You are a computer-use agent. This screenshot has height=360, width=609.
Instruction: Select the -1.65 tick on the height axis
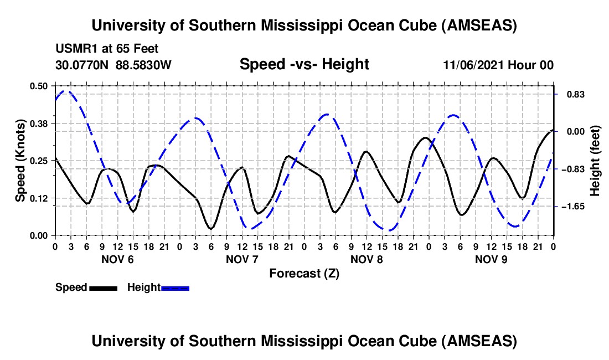click(x=575, y=206)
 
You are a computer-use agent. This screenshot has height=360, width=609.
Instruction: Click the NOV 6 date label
click(x=117, y=259)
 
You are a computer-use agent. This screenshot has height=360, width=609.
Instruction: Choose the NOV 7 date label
click(x=241, y=259)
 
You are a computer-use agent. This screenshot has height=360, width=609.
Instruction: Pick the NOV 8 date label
click(x=366, y=259)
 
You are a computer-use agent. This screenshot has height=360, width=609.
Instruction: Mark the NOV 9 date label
click(x=491, y=259)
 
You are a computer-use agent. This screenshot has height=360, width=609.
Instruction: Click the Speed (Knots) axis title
click(x=20, y=161)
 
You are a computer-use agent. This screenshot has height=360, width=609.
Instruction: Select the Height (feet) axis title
click(x=595, y=161)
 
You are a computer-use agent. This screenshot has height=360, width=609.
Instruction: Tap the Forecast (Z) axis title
click(x=304, y=273)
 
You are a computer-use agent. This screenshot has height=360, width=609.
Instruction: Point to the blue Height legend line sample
click(x=175, y=287)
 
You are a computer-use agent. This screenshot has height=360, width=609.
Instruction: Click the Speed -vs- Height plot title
click(x=304, y=64)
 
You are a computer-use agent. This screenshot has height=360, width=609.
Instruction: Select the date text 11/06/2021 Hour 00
click(x=498, y=65)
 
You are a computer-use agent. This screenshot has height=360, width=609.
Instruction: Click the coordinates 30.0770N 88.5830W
click(x=113, y=65)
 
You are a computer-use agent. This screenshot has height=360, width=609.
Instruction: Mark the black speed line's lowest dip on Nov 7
click(x=210, y=228)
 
